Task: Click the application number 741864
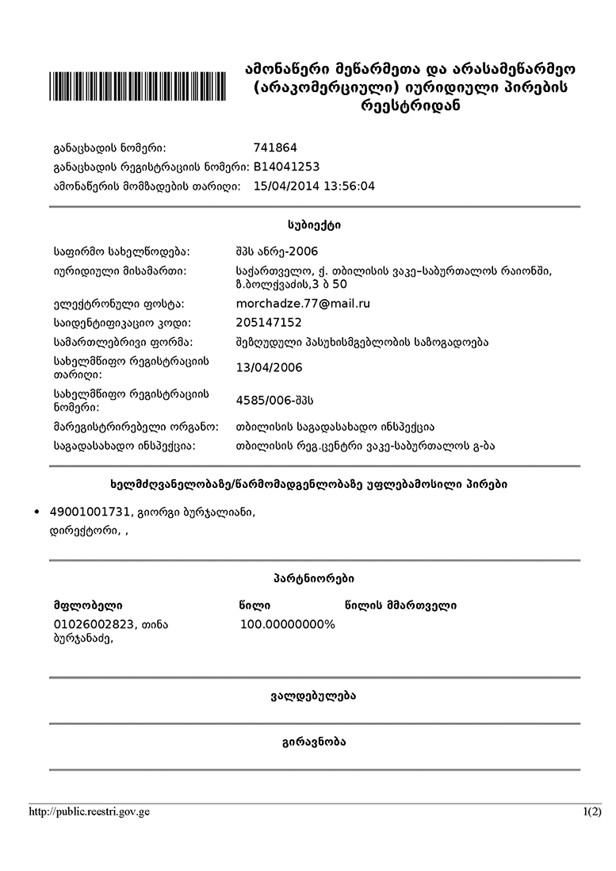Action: (275, 148)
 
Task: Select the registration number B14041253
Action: (286, 167)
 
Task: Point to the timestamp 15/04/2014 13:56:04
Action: (314, 186)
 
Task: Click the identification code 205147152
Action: (269, 323)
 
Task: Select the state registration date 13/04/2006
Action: (269, 367)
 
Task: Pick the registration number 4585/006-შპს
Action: (281, 399)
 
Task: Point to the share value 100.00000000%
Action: (287, 624)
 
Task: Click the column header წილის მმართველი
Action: (400, 606)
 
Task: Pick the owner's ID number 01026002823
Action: (92, 624)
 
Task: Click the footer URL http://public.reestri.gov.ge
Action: (89, 812)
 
